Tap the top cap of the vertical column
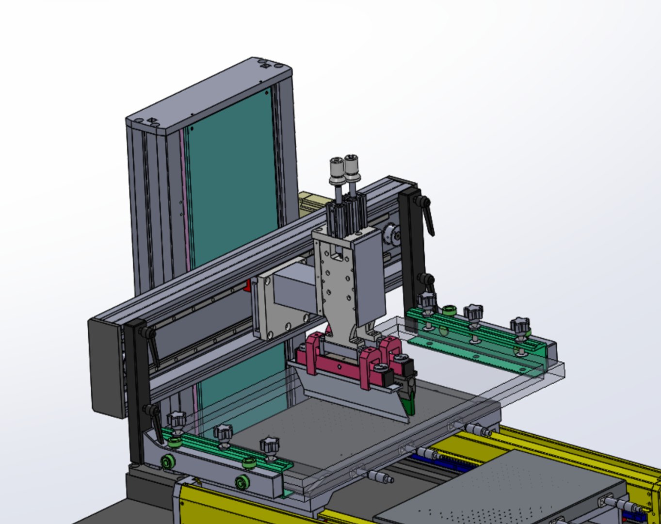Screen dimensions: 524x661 pos(209,92)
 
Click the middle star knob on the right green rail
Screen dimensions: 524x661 pos(473,312)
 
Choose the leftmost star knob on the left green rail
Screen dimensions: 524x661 pos(176,420)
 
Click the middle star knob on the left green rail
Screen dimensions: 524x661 pos(223,432)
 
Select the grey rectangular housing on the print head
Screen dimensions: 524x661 pos(370,277)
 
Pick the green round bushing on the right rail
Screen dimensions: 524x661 pos(449,310)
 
